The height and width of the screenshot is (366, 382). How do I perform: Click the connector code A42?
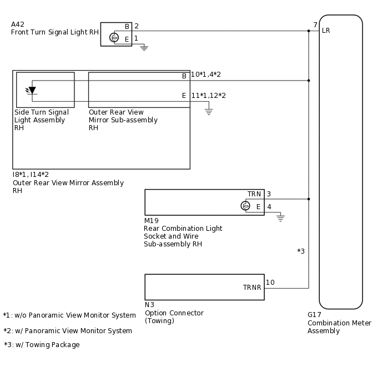click(x=18, y=24)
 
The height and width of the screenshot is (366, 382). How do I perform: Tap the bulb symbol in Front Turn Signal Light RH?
click(x=114, y=37)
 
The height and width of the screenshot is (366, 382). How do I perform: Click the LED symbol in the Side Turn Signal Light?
click(x=31, y=91)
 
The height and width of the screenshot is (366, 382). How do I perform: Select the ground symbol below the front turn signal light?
click(x=144, y=48)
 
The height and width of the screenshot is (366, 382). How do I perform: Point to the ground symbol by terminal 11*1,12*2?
click(x=209, y=111)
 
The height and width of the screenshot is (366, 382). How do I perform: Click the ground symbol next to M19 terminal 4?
click(x=280, y=219)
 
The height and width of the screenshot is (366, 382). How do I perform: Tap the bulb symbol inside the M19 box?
click(x=245, y=206)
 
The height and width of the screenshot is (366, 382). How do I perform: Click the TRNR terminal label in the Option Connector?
click(x=252, y=288)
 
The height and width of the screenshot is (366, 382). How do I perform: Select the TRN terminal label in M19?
click(x=254, y=194)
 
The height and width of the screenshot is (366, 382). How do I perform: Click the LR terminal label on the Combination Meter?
click(x=326, y=31)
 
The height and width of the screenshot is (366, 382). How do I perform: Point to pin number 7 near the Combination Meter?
click(x=315, y=25)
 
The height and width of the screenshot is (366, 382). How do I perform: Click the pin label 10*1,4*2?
click(x=205, y=75)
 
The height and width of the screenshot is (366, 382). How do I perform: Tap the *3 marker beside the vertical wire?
click(x=301, y=251)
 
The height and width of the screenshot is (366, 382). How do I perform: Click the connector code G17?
click(x=314, y=314)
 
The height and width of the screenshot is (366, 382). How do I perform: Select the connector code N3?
click(x=149, y=305)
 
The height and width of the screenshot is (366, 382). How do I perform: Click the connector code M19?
click(x=151, y=221)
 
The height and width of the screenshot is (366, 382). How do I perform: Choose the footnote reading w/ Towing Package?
click(x=42, y=345)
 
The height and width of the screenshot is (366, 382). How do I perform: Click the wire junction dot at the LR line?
click(x=309, y=31)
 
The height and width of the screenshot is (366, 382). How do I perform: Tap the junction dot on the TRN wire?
click(x=309, y=199)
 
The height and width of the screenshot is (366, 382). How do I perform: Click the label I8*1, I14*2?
click(x=31, y=175)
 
